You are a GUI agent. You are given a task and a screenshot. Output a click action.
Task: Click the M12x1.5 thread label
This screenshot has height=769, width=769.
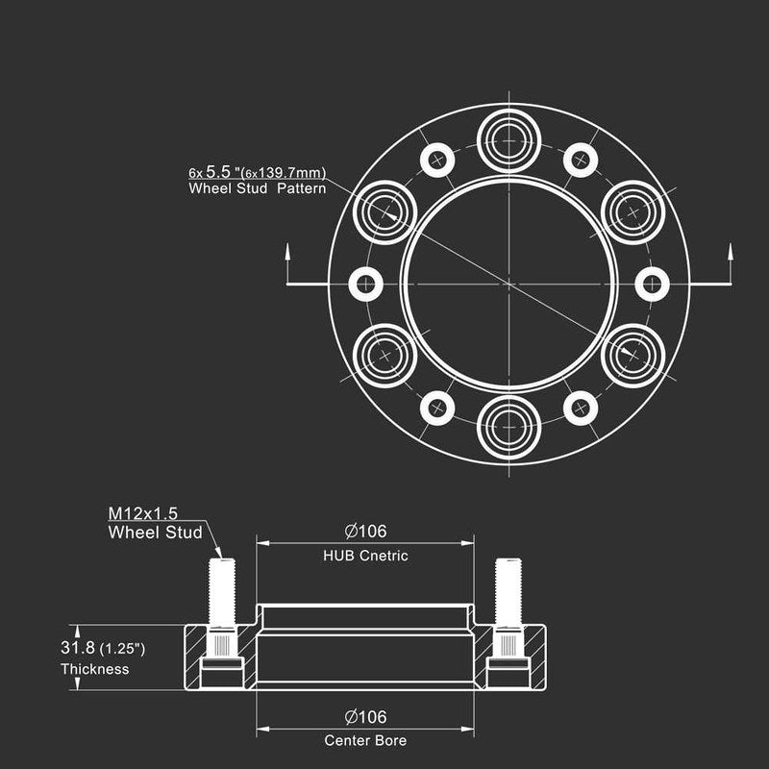point(142,513)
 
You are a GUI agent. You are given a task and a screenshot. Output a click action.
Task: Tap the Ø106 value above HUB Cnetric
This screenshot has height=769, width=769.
point(365,532)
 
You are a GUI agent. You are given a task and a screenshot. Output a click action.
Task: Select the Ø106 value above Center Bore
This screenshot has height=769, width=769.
point(365,717)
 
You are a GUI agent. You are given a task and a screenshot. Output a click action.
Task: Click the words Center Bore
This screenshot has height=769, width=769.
point(365,740)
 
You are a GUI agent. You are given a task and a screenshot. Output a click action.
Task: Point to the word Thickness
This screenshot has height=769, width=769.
point(94,669)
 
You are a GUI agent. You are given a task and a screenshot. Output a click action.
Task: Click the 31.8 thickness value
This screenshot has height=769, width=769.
point(78,647)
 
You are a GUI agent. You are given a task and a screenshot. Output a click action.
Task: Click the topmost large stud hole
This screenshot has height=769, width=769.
point(509,140)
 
